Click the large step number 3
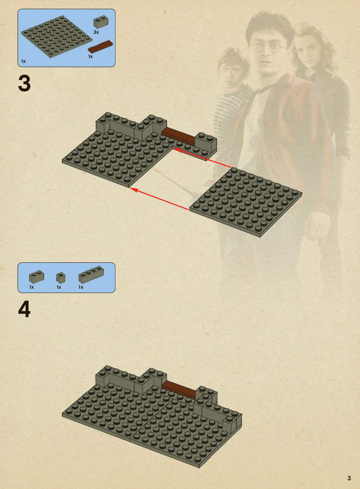point(24,84)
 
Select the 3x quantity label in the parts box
point(96,32)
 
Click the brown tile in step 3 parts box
point(100,46)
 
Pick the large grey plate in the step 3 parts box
point(57,37)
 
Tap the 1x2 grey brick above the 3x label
point(101,22)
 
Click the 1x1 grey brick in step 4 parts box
point(61,277)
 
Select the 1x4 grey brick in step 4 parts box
point(91,275)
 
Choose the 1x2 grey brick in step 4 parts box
point(37,277)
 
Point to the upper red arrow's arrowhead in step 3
point(176,150)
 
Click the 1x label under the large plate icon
point(23,61)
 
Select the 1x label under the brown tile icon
point(90,57)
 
